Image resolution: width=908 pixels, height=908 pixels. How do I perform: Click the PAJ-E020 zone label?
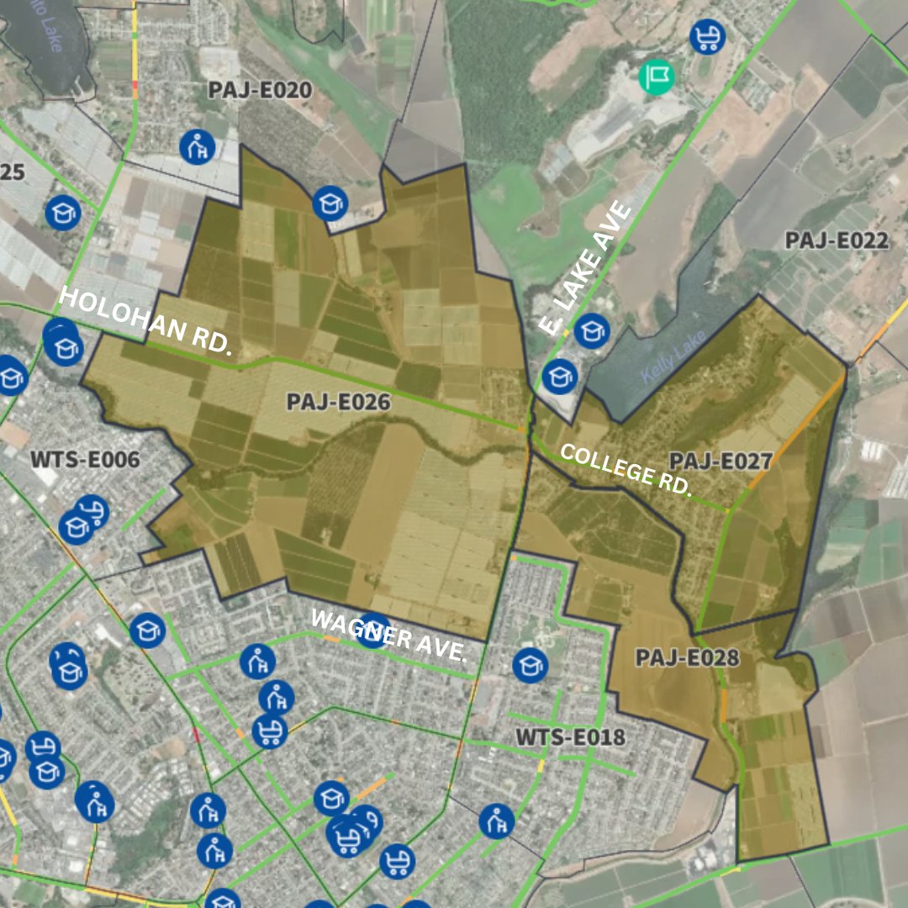click(260, 91)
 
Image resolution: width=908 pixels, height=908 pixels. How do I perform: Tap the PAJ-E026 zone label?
click(338, 402)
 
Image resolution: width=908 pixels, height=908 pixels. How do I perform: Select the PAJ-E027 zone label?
click(721, 461)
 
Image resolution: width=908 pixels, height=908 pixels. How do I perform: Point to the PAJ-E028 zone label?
click(687, 657)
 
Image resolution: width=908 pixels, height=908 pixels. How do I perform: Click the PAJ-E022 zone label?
click(836, 240)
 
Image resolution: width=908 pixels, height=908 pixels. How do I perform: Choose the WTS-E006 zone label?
click(85, 460)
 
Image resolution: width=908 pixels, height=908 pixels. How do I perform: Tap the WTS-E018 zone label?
click(571, 737)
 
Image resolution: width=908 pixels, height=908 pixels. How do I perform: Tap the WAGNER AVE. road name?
click(388, 635)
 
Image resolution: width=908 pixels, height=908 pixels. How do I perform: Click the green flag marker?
click(657, 77)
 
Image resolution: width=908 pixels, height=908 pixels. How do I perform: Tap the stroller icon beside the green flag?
click(708, 37)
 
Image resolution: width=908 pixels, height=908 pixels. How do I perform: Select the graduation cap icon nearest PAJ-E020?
click(330, 203)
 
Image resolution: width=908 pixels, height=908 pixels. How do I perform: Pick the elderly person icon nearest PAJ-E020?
click(198, 148)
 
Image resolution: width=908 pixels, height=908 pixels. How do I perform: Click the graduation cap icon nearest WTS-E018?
click(530, 666)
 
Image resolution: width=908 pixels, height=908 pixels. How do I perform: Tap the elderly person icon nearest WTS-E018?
click(497, 821)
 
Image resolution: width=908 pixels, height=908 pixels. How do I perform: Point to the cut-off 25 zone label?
click(13, 172)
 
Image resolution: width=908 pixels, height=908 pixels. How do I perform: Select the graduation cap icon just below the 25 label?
click(61, 213)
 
